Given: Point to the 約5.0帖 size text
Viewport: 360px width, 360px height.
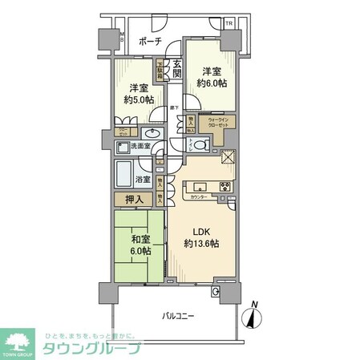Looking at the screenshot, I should tap(138, 100).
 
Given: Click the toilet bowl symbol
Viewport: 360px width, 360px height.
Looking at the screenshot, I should tap(200, 144).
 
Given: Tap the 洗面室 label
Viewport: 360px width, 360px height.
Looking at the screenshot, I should tap(140, 147).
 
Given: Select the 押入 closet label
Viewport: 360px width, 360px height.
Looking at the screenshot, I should tap(134, 200).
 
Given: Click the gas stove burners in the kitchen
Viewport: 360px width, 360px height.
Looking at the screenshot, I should tap(225, 189).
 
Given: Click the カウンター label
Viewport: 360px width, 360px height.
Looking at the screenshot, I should tap(199, 197).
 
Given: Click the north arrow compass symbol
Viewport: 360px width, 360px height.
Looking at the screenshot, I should tap(255, 318).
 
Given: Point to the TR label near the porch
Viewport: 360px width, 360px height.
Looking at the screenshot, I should tap(229, 23).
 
